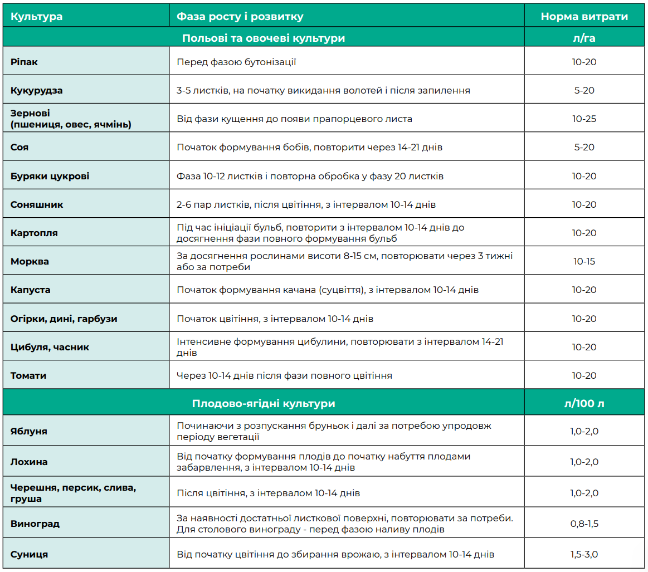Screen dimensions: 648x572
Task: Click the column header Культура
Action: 36,17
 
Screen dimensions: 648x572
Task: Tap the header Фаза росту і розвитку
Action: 240,17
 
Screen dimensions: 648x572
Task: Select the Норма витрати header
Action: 584,17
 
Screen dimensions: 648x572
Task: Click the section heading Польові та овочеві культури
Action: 264,38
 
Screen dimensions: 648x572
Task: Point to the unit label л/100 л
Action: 584,403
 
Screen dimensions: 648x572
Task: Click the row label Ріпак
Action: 24,62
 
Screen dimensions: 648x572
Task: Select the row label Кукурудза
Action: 36,90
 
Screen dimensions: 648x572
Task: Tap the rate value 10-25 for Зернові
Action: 584,119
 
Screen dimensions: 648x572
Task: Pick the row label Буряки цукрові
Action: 50,177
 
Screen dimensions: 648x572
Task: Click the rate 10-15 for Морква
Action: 584,261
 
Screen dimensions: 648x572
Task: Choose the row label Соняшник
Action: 37,204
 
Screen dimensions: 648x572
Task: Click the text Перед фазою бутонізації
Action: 236,62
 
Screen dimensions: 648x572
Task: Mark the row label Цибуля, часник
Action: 50,348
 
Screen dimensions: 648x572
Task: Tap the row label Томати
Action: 28,375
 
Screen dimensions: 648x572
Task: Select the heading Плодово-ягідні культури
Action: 264,403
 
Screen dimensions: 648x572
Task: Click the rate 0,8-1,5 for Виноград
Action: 584,524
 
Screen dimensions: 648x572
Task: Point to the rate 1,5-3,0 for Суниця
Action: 584,554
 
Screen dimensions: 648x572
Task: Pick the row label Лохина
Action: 29,462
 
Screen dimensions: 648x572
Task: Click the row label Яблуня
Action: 28,431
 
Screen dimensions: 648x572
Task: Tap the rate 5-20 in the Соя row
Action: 584,148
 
